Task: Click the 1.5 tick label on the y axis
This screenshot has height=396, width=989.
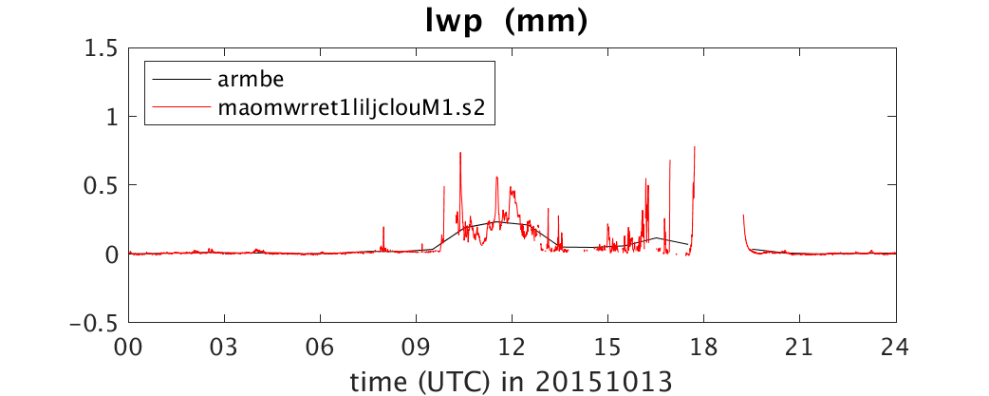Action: click(104, 47)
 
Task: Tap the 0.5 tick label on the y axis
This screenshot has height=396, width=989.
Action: click(104, 185)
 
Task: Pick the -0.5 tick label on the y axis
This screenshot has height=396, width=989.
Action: click(97, 322)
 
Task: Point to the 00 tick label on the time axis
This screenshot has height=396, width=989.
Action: click(129, 348)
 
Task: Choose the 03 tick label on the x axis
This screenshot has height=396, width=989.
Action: click(225, 348)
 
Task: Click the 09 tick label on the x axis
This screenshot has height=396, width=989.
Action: click(417, 348)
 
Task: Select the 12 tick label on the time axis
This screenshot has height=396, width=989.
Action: click(513, 348)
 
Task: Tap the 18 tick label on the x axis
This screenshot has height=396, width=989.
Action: click(704, 348)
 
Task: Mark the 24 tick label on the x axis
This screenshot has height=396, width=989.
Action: click(896, 348)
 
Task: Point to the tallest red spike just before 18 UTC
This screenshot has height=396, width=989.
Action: click(695, 147)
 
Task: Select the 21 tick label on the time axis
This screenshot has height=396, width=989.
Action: click(800, 348)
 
